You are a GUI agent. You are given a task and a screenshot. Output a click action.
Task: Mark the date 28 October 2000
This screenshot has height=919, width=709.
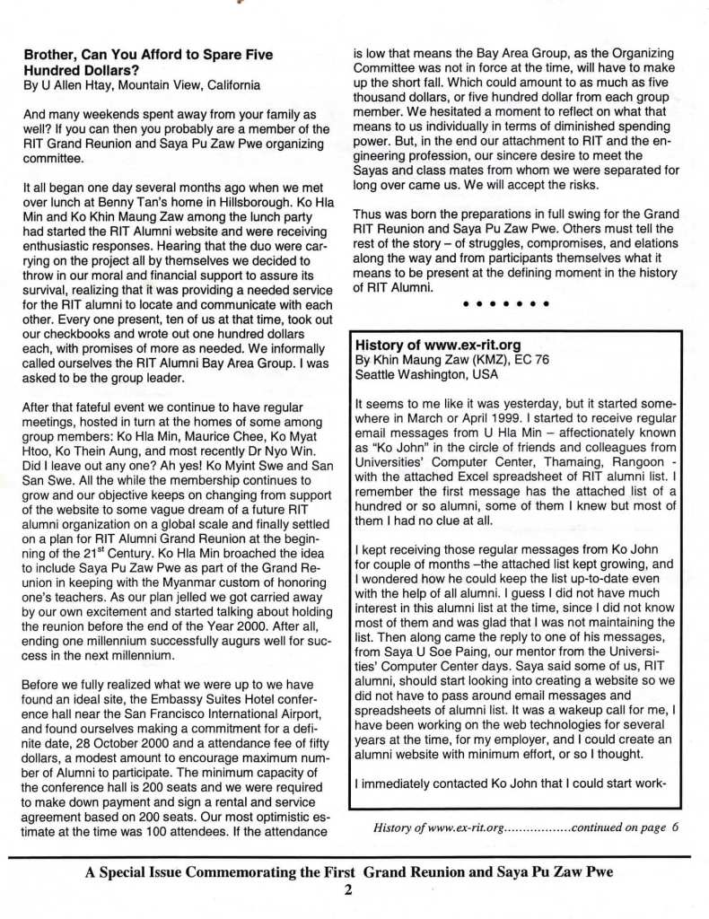point(123,729)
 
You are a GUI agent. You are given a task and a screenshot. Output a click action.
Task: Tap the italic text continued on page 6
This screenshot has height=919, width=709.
point(624,827)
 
